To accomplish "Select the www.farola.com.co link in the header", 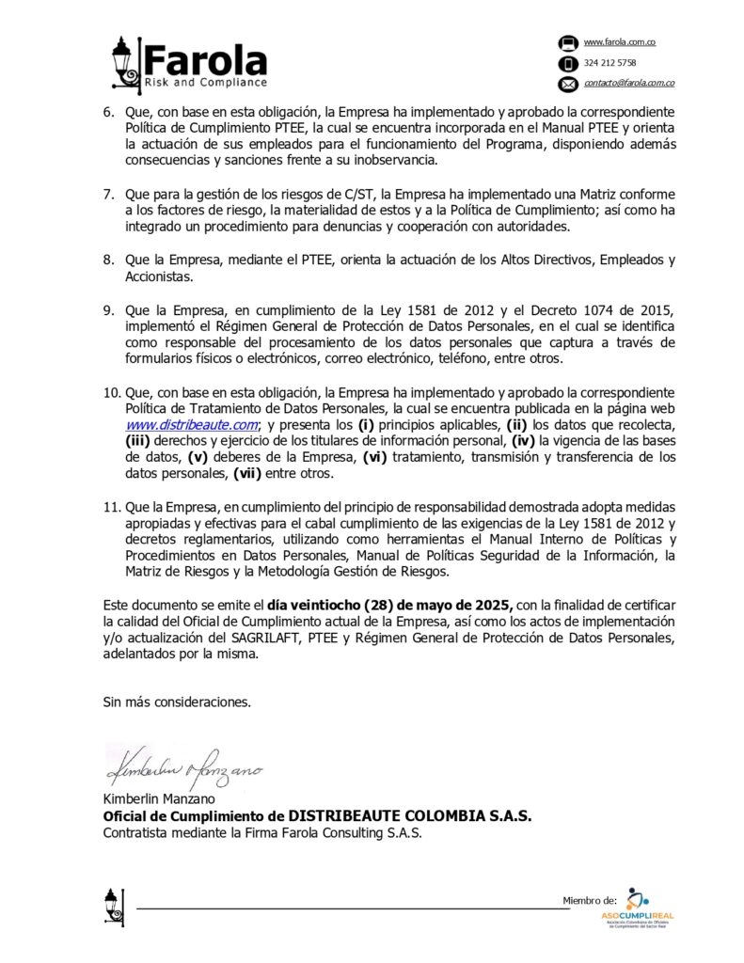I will pos(619,42).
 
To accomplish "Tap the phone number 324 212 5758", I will pos(609,63).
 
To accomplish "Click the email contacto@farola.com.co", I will pos(628,84).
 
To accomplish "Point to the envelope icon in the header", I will pos(567,85).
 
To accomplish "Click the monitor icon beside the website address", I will pos(567,43).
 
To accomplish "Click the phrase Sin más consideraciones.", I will pos(177,702).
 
